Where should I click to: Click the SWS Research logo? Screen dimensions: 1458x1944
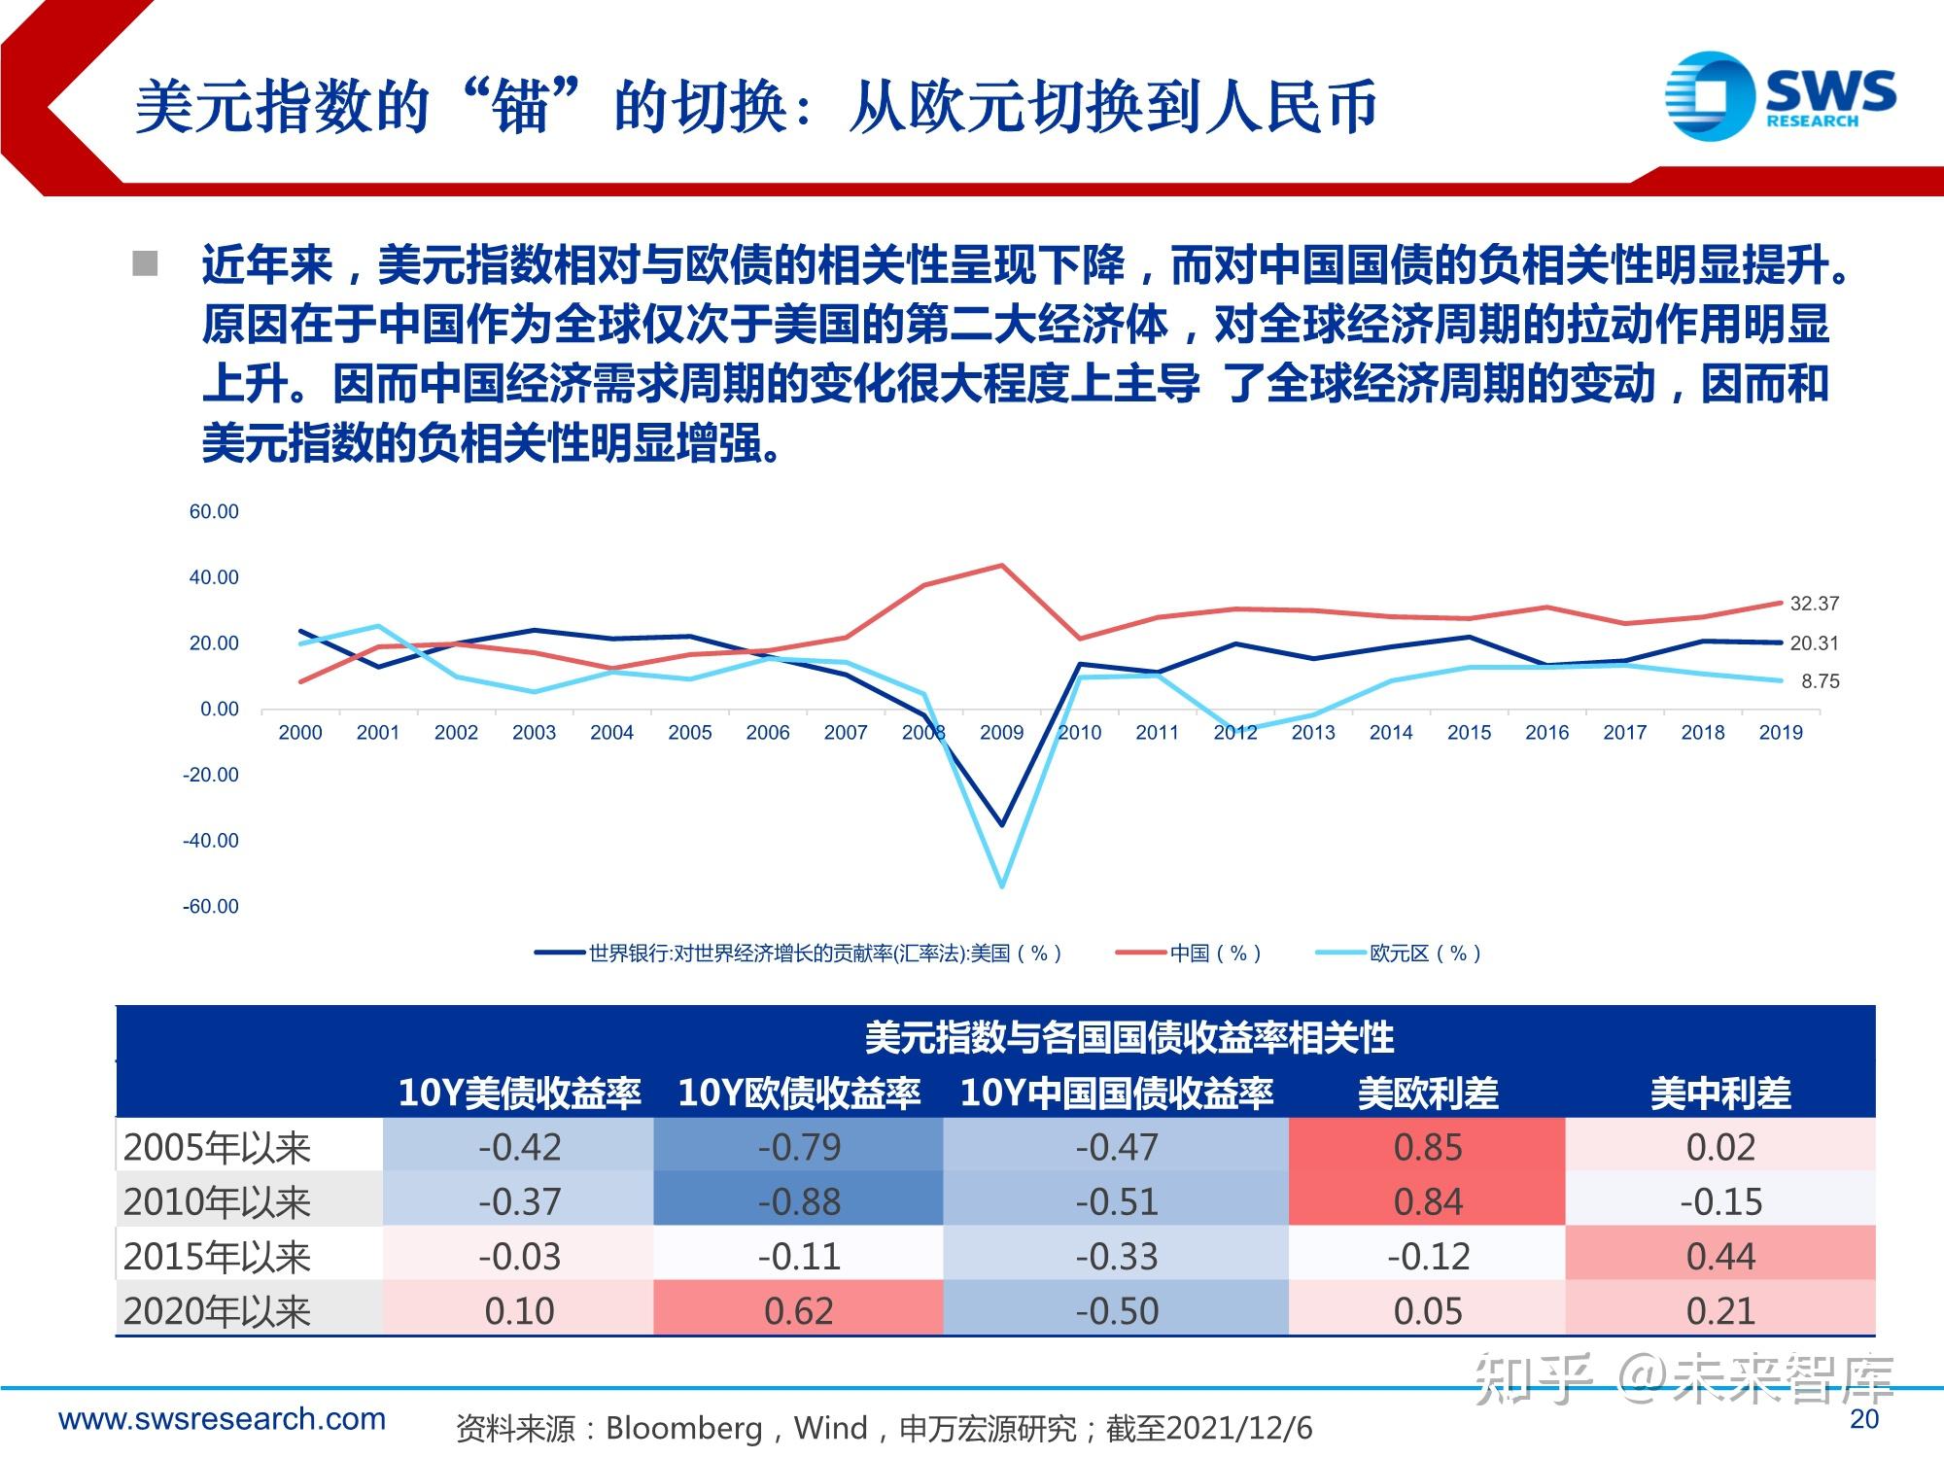coord(1780,94)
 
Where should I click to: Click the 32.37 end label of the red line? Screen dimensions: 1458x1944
coord(1814,604)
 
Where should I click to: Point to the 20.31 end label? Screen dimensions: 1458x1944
coord(1814,643)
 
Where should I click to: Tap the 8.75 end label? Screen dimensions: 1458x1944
coord(1820,681)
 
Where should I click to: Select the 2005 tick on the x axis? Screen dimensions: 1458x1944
coord(689,733)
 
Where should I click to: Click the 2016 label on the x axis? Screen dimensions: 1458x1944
coord(1546,733)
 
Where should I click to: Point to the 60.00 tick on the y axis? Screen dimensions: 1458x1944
coord(213,512)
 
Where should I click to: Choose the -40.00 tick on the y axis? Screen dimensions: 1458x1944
coord(210,841)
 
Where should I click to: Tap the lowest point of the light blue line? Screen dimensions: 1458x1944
coord(1002,885)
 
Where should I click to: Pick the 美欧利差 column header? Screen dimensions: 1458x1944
coord(1428,1093)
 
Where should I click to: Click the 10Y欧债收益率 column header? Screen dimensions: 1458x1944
coord(799,1093)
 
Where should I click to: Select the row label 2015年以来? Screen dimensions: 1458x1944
coord(217,1257)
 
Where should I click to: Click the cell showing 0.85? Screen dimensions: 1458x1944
coord(1427,1148)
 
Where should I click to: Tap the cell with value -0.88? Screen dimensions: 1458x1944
coord(799,1202)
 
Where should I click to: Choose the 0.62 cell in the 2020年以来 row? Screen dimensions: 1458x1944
coord(799,1311)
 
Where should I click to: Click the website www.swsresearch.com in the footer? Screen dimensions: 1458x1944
coord(223,1419)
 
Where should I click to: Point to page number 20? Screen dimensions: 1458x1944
coord(1864,1419)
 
